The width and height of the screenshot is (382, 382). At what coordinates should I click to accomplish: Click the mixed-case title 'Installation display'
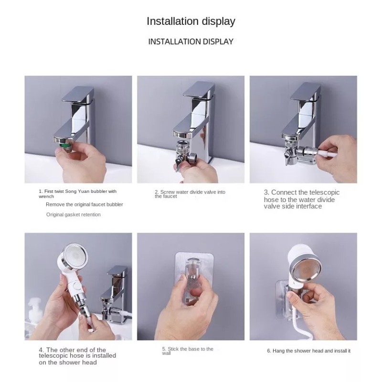pyautogui.click(x=191, y=21)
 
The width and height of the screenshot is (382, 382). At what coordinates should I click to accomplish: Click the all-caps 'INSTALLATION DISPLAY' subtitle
pyautogui.click(x=191, y=42)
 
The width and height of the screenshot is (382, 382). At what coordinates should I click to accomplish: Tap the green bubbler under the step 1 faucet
pyautogui.click(x=64, y=146)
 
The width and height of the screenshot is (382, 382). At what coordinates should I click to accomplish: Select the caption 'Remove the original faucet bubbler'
pyautogui.click(x=85, y=204)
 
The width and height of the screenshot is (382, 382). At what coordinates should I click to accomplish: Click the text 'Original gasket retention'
pyautogui.click(x=74, y=214)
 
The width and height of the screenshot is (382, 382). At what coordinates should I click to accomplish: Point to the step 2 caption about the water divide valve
pyautogui.click(x=190, y=194)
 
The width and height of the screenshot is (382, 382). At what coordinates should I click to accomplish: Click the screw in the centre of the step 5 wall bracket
pyautogui.click(x=193, y=277)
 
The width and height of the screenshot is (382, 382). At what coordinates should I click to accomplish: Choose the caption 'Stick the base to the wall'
pyautogui.click(x=188, y=351)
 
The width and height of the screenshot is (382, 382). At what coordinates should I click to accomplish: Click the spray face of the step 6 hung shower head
pyautogui.click(x=303, y=270)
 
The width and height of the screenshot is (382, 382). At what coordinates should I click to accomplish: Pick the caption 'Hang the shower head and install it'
pyautogui.click(x=308, y=351)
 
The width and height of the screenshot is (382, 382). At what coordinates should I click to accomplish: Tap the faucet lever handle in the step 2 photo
pyautogui.click(x=199, y=91)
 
